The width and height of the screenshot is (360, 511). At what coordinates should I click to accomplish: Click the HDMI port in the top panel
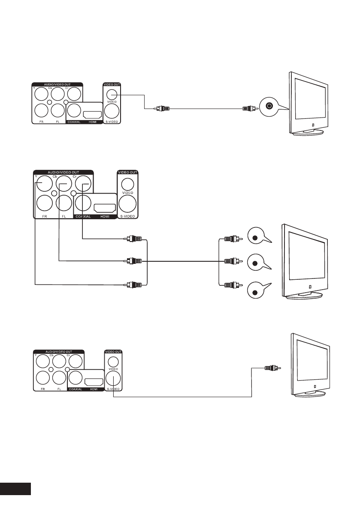pyautogui.click(x=93, y=115)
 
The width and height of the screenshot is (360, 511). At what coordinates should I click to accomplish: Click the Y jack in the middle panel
pyautogui.click(x=43, y=185)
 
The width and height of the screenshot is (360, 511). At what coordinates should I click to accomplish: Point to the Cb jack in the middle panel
pyautogui.click(x=63, y=185)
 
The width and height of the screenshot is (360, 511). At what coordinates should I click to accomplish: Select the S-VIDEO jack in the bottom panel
pyautogui.click(x=113, y=378)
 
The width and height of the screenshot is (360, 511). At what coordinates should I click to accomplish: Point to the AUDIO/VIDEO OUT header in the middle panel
pyautogui.click(x=64, y=172)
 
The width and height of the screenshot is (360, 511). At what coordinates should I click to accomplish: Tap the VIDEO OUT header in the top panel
pyautogui.click(x=112, y=84)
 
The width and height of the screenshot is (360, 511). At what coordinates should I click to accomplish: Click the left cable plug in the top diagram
pyautogui.click(x=163, y=109)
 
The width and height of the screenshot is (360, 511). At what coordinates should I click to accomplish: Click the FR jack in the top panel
pyautogui.click(x=42, y=111)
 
